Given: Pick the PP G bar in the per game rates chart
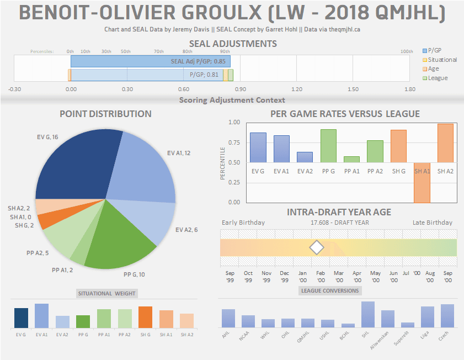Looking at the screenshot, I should click(328, 146).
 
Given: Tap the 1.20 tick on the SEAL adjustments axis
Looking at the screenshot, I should click(297, 89).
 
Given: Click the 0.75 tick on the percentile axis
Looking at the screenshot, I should click(234, 142).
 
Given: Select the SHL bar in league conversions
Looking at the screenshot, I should click(368, 315).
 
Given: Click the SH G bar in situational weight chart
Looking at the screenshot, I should click(145, 317).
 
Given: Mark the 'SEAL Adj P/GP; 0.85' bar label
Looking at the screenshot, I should click(199, 62).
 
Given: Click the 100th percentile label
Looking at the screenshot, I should click(407, 51).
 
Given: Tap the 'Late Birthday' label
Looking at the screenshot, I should click(432, 223).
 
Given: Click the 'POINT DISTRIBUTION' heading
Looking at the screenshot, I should click(105, 114).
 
